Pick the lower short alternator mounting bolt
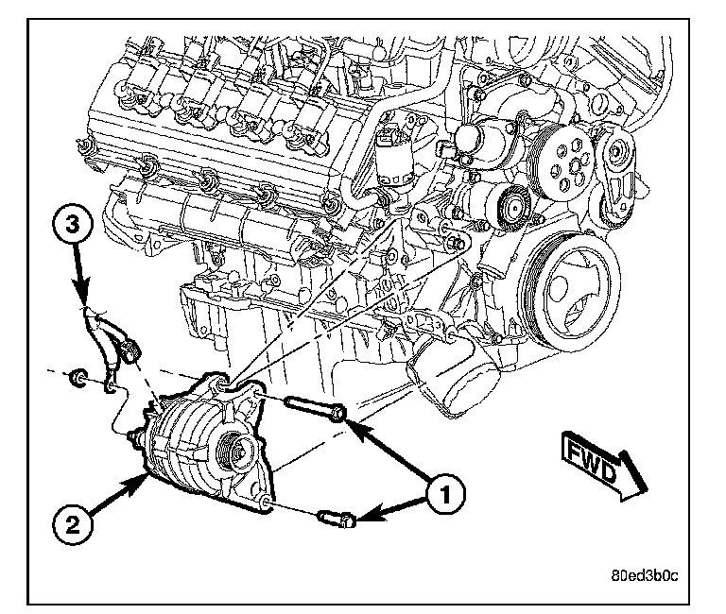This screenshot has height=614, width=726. pos(337,517)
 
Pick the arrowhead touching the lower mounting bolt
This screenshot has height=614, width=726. pos(364,516)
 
